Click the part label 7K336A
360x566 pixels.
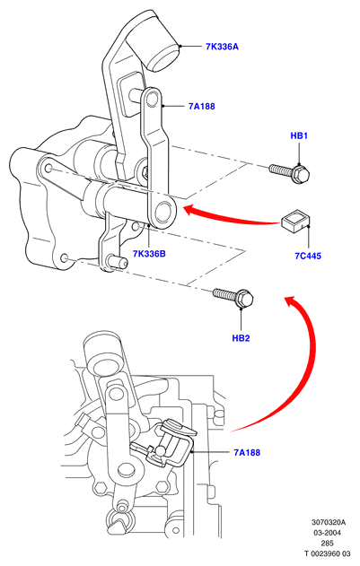coord(222,47)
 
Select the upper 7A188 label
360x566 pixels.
coord(202,106)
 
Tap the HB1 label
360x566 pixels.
coord(299,135)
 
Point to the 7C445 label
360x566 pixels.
coord(308,256)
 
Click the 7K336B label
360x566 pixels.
coord(149,254)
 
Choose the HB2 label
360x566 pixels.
coord(241,338)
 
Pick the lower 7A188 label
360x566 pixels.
coord(247,452)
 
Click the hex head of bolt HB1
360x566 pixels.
coord(301,174)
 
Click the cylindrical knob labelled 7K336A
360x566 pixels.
coord(160,48)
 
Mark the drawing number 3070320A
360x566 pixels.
coord(329,522)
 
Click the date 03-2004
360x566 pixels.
coord(327,533)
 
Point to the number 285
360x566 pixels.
coord(327,544)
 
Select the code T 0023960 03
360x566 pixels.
coord(327,553)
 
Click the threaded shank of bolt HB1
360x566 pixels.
coord(280,169)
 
